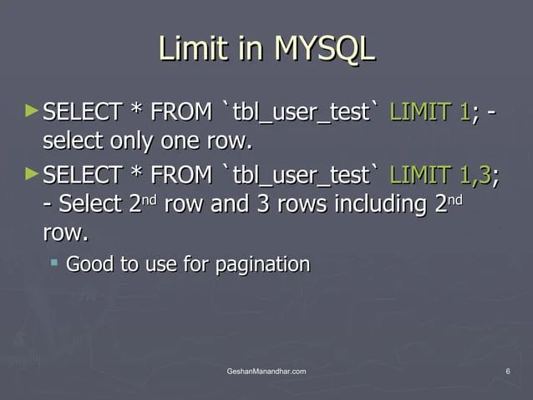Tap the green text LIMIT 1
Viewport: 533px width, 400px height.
click(429, 111)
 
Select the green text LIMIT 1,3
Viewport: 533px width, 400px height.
click(440, 176)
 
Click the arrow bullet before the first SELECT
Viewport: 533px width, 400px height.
click(32, 110)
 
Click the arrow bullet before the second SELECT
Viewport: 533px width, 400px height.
click(32, 174)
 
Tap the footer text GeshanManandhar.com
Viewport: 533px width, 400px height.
click(266, 371)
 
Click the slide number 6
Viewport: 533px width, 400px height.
click(508, 371)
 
